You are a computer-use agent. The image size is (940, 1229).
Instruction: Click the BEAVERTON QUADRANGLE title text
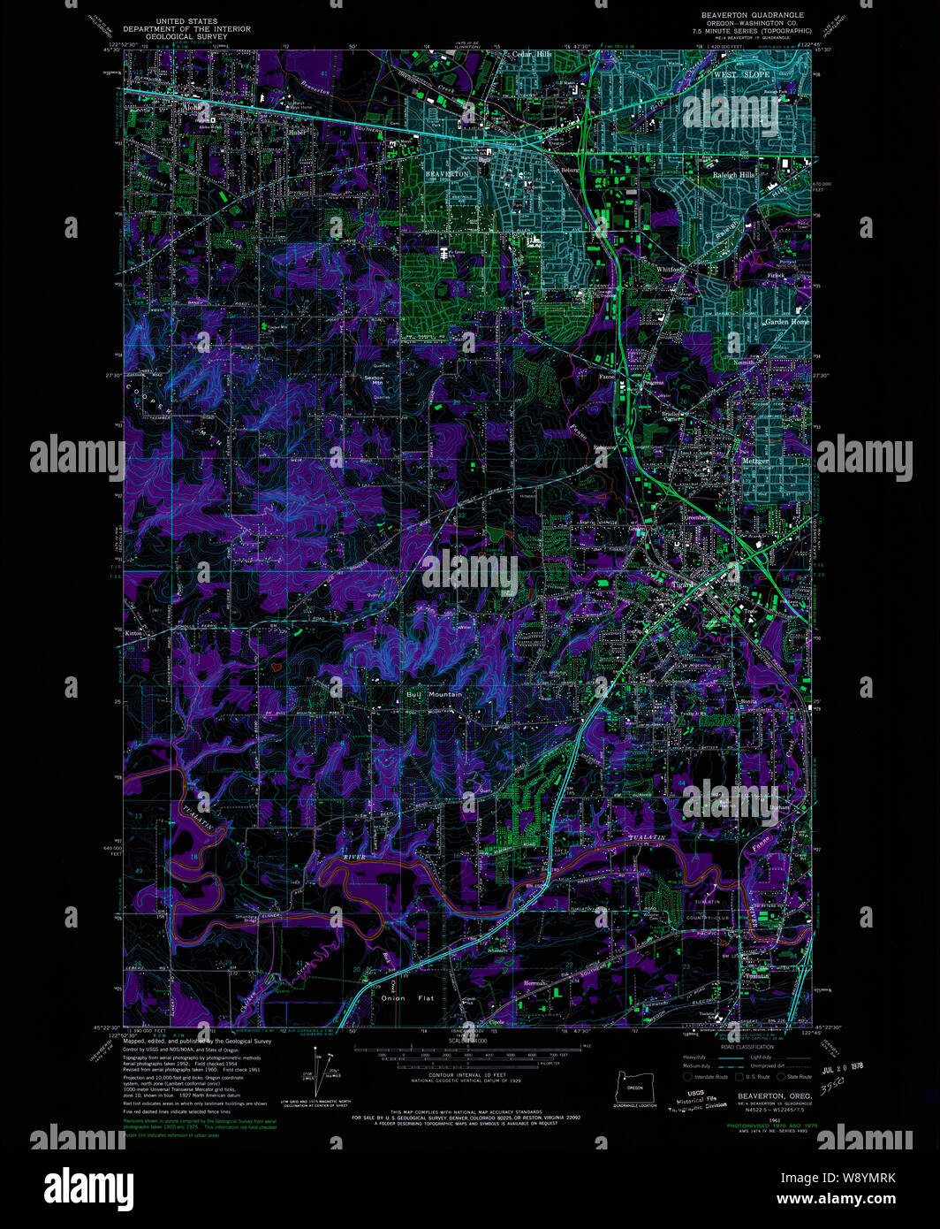[x=753, y=15]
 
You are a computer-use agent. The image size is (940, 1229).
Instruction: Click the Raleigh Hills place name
[x=733, y=175]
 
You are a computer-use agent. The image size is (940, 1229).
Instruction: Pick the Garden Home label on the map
[x=786, y=322]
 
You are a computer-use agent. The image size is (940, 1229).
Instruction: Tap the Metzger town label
[x=754, y=461]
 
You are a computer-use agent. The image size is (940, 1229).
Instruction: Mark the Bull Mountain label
[x=434, y=695]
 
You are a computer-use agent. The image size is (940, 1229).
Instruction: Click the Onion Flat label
[x=406, y=998]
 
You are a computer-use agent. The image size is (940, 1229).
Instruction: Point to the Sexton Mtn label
[x=374, y=378]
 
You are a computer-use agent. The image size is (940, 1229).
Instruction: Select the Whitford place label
[x=669, y=269]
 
